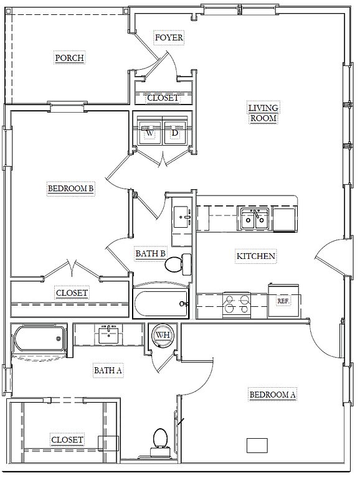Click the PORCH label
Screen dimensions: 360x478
[x=70, y=58]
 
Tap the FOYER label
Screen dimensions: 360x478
[x=169, y=37]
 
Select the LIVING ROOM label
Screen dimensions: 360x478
[x=263, y=113]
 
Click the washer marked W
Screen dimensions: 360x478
[x=149, y=131]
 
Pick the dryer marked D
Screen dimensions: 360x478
[x=175, y=131]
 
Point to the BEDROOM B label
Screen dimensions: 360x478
[x=70, y=188]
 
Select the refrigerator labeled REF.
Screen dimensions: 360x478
[x=283, y=301]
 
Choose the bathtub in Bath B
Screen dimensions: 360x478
[x=161, y=303]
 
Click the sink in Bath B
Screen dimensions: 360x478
[x=182, y=217]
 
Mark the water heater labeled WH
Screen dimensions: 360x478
[x=163, y=335]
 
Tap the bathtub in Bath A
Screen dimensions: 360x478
[x=39, y=339]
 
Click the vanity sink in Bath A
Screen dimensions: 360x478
[x=108, y=334]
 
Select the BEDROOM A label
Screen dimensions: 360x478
[x=272, y=395]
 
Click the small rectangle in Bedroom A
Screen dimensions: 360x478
[x=257, y=445]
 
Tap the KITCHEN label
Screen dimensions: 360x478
[x=256, y=256]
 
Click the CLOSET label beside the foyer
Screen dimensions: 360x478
[x=163, y=98]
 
